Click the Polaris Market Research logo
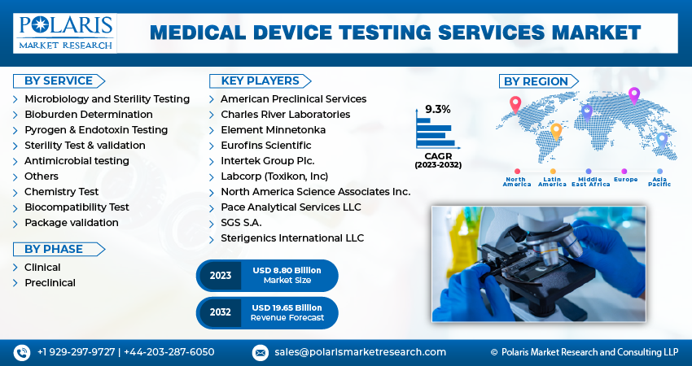pyautogui.click(x=64, y=33)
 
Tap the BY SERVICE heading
pyautogui.click(x=57, y=81)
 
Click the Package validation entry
pyautogui.click(x=71, y=222)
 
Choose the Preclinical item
pyautogui.click(x=50, y=282)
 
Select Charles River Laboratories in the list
pyautogui.click(x=285, y=114)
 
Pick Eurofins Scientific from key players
pyautogui.click(x=265, y=145)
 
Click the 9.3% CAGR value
pyautogui.click(x=437, y=109)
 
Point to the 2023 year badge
pyautogui.click(x=221, y=276)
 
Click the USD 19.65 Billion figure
pyautogui.click(x=287, y=307)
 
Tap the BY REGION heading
pyautogui.click(x=535, y=81)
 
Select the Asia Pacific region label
pyautogui.click(x=659, y=181)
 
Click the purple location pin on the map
pyautogui.click(x=634, y=97)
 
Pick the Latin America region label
pyautogui.click(x=552, y=181)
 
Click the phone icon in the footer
pyautogui.click(x=21, y=352)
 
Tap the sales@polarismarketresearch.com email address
pyautogui.click(x=360, y=352)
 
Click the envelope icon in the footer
pyautogui.click(x=260, y=352)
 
